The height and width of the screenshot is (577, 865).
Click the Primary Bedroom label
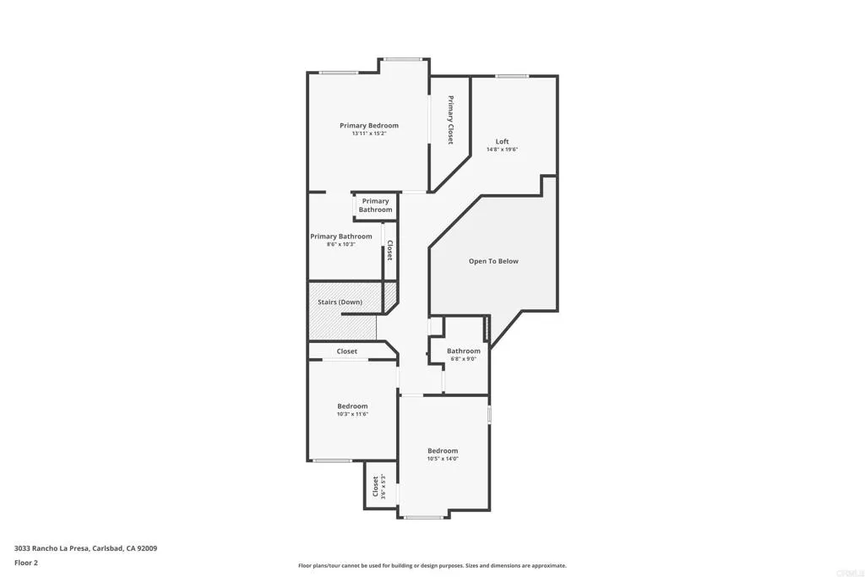369,126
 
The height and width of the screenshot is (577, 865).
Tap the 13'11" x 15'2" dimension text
369,133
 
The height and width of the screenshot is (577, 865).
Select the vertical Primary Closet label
451,120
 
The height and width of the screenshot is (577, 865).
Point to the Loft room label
502,142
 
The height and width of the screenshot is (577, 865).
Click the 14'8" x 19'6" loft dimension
502,150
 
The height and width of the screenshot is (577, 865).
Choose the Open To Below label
493,262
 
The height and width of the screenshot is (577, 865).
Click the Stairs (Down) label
340,302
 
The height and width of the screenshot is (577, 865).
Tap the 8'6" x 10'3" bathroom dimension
340,245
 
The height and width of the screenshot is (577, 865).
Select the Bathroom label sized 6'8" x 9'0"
464,351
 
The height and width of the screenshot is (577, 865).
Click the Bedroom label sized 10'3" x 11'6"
352,406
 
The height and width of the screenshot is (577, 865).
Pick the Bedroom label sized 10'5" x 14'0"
443,451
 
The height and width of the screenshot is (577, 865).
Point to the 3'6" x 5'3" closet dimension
384,487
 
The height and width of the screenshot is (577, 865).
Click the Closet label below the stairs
346,351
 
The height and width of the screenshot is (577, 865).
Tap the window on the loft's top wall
512,77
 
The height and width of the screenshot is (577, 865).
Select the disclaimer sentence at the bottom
432,566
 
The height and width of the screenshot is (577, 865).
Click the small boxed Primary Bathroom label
375,205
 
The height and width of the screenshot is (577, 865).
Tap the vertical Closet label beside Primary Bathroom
389,251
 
